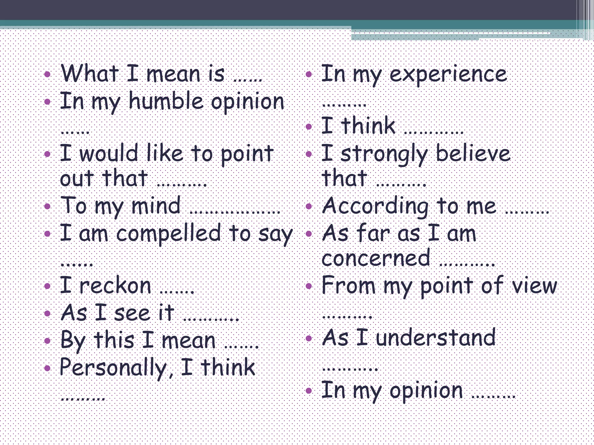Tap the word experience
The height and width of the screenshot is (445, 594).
[x=448, y=74]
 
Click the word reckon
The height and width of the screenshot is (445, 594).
[x=115, y=286]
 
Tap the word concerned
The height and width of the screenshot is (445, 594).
[x=376, y=258]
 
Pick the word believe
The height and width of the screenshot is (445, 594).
[x=473, y=153]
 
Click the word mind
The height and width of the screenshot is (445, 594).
[x=156, y=206]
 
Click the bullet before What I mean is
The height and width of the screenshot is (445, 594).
[x=47, y=74]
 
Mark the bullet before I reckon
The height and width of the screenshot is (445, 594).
[x=47, y=286]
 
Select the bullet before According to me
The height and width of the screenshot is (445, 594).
[x=309, y=206]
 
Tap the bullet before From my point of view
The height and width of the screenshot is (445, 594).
[x=309, y=286]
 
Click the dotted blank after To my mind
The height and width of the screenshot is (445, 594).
[x=235, y=213]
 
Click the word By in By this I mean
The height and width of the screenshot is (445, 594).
[x=73, y=341]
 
